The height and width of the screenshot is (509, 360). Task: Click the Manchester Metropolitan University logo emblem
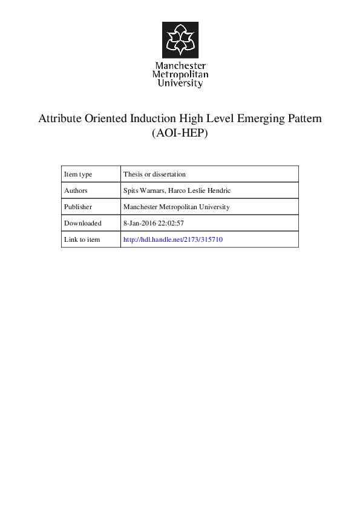tap(180, 40)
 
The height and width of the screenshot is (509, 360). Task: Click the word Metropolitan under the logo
tap(180, 74)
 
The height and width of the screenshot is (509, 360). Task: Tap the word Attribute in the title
tap(59, 118)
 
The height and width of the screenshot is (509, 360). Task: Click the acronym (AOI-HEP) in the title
tap(180, 134)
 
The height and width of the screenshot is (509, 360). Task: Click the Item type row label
tap(78, 174)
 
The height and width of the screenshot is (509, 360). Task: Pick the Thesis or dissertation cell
tap(154, 174)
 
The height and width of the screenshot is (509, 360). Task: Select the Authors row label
tap(76, 190)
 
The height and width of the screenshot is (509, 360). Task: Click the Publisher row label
tap(77, 207)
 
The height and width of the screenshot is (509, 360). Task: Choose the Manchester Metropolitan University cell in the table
tap(176, 207)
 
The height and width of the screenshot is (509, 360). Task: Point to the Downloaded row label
tap(83, 223)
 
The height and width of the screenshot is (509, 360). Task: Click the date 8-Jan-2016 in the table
tap(140, 223)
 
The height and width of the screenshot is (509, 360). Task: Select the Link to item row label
tap(82, 239)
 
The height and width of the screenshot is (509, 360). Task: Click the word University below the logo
tap(180, 83)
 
